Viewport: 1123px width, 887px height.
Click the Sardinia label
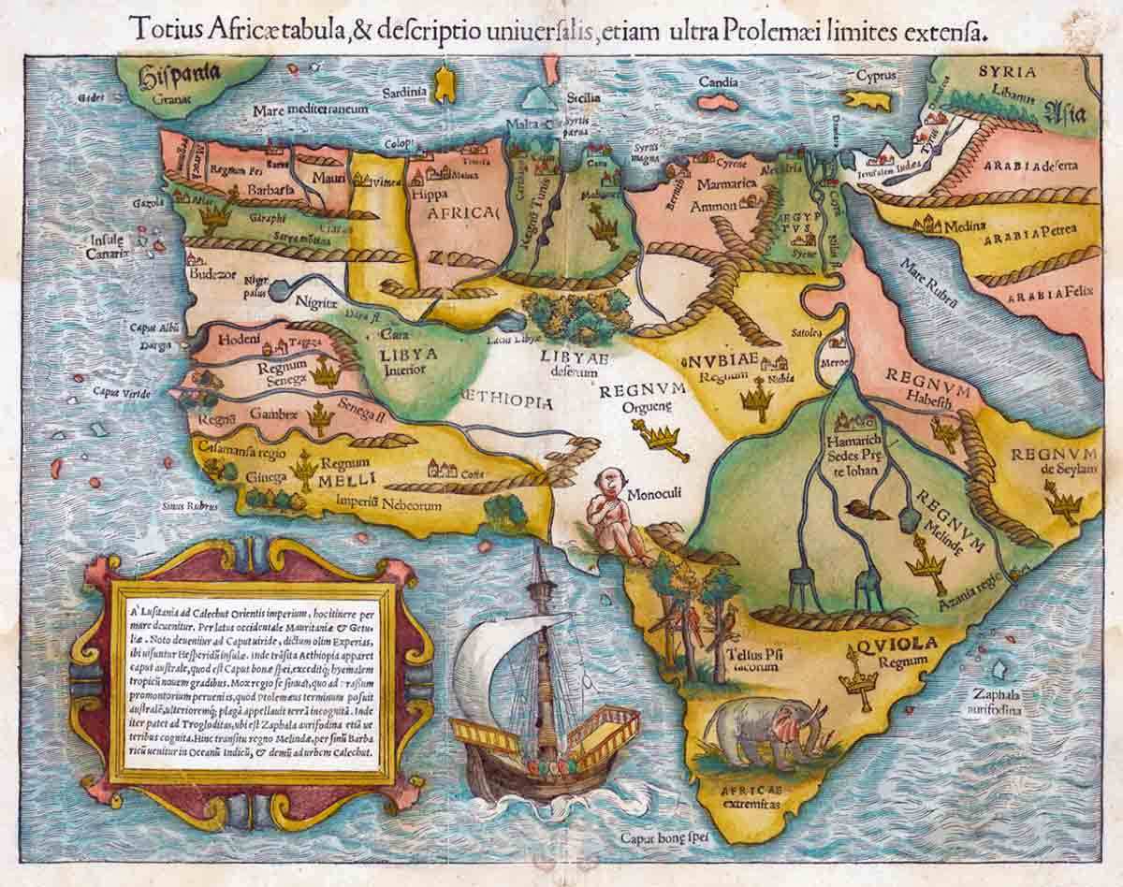click(406, 92)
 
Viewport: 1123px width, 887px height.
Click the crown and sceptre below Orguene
click(662, 438)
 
